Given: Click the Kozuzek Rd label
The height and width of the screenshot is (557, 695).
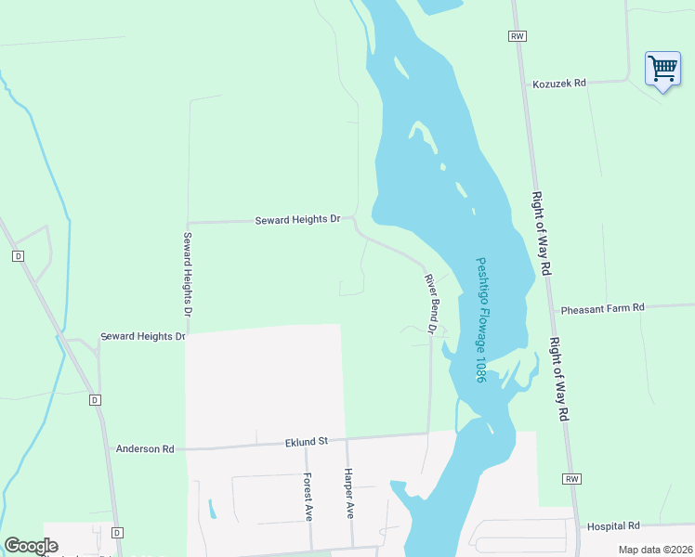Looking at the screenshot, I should pos(559,84).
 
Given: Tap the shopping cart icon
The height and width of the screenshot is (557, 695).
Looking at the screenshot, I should pos(662,68).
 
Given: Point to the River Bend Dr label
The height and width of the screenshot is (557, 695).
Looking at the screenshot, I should pos(431,304).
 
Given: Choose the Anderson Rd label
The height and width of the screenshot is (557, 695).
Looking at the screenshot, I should pos(144,449).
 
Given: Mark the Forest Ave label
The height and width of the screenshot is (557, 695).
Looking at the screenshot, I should pos(307,497).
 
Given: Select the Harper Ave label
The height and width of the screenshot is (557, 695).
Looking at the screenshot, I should pos(349,491).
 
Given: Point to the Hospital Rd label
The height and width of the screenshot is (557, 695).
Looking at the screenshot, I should pos(613,525).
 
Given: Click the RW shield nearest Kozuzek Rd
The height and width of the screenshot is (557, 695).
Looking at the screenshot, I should pos(518,35).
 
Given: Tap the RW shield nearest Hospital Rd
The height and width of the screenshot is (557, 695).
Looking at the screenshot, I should pos(571,479).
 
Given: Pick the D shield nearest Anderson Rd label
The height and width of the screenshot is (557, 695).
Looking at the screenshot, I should pos(94,400).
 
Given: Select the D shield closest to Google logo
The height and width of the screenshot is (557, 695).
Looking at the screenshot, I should pos(117,533).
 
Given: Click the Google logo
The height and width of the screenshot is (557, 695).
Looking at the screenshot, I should pos(31,546).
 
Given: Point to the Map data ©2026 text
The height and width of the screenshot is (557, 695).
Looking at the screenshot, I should pos(654,550).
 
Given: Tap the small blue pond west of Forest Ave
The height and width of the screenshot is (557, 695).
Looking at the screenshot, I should pos(213,509).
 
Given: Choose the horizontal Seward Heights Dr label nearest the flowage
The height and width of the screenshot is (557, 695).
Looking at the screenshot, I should pos(297,220).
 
